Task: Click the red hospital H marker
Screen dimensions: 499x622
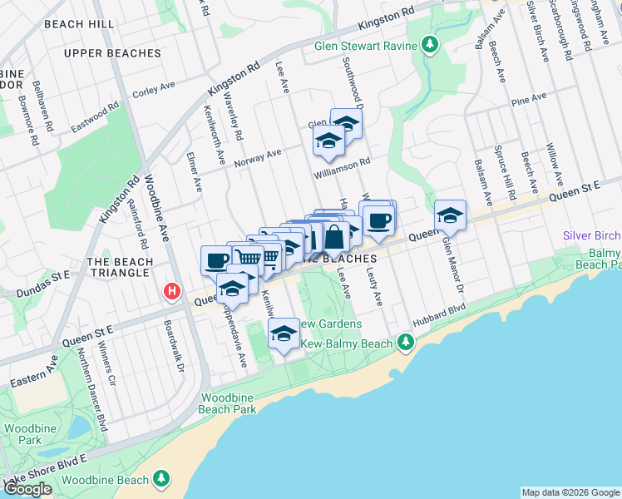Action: coord(172,292)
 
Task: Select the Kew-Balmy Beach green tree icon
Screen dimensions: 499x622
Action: coord(405,342)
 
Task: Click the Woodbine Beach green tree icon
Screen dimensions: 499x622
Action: coord(160,479)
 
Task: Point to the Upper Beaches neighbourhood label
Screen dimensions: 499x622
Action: coord(111,53)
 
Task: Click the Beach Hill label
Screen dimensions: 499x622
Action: coord(79,24)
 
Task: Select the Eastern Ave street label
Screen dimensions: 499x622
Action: coord(34,373)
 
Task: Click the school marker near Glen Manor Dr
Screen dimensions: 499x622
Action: coord(450,216)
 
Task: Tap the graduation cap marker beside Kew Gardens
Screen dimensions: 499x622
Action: coord(284,335)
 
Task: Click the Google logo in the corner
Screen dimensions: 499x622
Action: coord(27,489)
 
